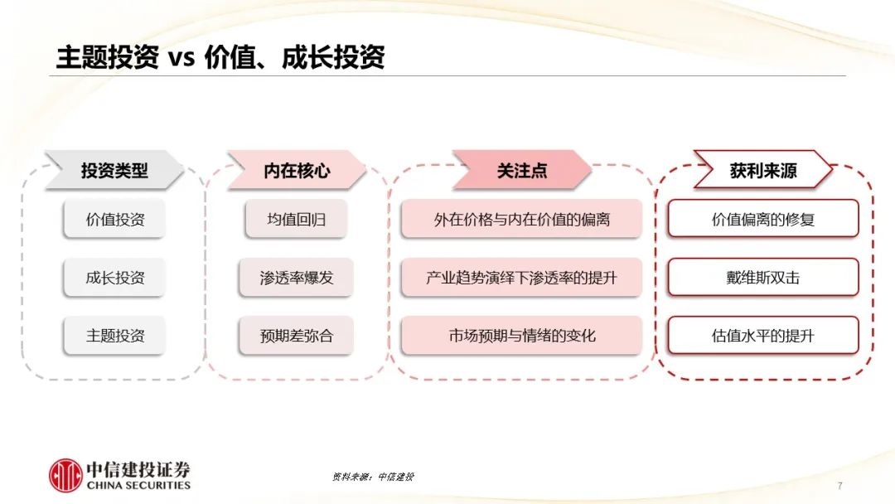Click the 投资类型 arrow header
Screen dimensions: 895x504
point(114,170)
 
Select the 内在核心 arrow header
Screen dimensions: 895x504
point(296,170)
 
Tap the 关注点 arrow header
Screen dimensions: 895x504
point(522,170)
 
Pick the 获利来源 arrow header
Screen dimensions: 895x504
point(762,170)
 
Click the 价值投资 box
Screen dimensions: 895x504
point(114,219)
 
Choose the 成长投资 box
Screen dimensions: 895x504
point(114,278)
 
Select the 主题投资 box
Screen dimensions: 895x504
point(114,336)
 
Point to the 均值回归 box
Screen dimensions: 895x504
point(296,219)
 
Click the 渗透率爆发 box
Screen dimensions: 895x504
point(296,278)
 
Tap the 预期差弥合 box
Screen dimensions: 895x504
point(296,336)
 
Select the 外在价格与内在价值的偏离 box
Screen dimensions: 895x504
point(522,219)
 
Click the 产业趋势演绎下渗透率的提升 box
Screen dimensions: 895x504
point(522,278)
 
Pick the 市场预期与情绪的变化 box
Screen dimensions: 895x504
point(522,336)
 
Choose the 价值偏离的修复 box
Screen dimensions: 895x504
point(763,219)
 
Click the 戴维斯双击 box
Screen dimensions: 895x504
point(763,278)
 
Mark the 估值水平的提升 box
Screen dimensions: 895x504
point(763,336)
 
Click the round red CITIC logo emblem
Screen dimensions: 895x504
point(65,476)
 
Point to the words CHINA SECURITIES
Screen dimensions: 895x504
point(138,485)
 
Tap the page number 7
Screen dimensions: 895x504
point(839,486)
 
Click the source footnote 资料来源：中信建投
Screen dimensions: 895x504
point(373,477)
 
